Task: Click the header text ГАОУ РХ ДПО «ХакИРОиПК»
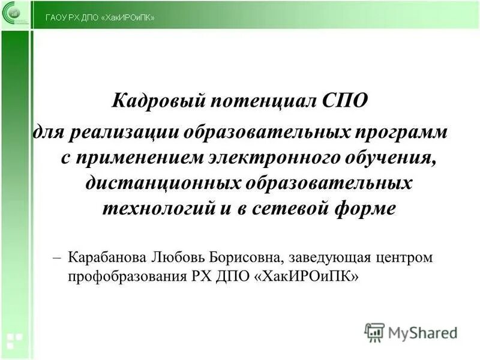pos(100,17)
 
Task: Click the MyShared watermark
pos(411,332)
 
